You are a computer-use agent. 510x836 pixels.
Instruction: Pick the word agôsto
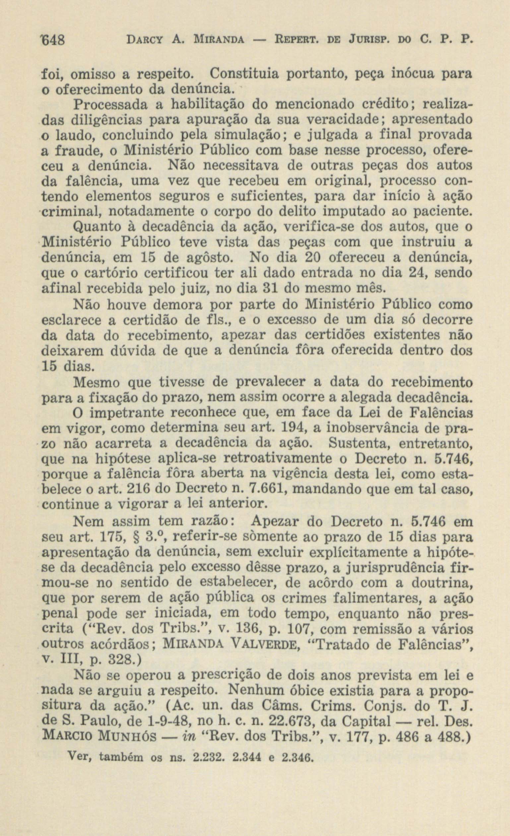(210, 258)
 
